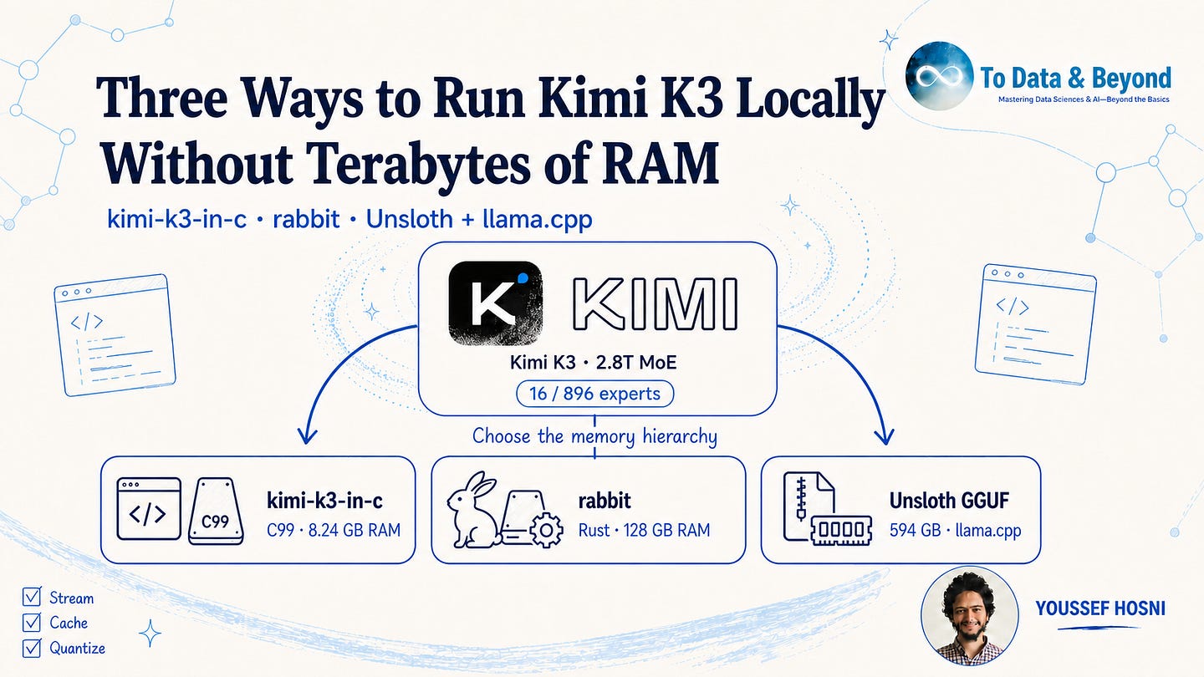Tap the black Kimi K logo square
[495, 303]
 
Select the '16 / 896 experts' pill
[594, 394]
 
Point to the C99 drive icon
[216, 512]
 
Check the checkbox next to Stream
[32, 597]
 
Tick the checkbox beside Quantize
[32, 648]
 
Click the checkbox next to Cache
[32, 622]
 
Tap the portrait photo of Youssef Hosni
[970, 616]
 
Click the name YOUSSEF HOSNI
[1100, 608]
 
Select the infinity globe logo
[939, 76]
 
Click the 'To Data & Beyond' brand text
[1075, 79]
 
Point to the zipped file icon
[809, 506]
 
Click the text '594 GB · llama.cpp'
[955, 530]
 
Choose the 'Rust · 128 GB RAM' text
[644, 530]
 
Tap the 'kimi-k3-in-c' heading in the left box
[324, 501]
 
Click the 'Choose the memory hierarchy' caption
[594, 435]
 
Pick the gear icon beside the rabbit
[546, 530]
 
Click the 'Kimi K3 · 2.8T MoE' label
[593, 363]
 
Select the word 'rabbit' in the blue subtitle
[306, 219]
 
